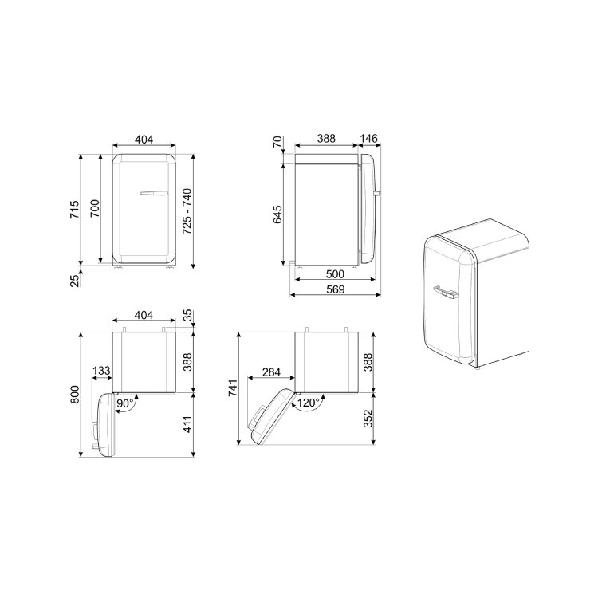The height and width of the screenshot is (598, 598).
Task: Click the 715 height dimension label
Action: tap(75, 209)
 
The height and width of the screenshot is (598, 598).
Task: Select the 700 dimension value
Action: tap(95, 208)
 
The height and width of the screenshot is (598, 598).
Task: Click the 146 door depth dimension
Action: tap(368, 139)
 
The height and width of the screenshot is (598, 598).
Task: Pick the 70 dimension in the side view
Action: tap(277, 142)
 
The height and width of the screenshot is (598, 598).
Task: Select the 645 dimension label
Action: tap(277, 214)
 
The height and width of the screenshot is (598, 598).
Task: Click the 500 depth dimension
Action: tap(335, 273)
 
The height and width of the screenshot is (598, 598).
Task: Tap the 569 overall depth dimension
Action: tap(335, 289)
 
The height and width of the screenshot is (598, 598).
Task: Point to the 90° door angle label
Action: tap(125, 403)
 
